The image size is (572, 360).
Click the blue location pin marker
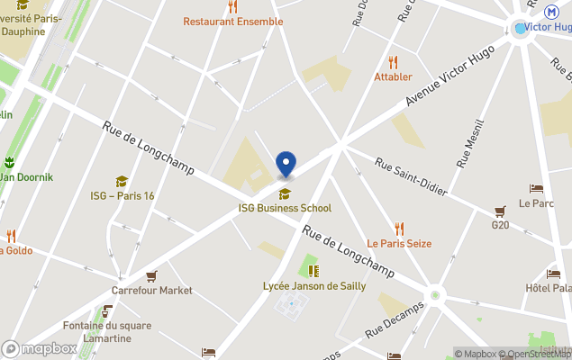coord(286,165)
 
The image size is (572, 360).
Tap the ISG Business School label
coord(285,208)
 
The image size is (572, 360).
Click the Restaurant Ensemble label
coord(233,22)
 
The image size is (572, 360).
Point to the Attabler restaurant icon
coord(393,62)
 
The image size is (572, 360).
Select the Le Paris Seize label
coord(399,243)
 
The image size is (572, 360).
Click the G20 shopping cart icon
coord(501,211)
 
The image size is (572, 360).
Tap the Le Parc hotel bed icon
coord(537,189)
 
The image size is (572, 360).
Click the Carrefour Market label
coord(151,291)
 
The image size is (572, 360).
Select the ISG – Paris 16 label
coord(123,195)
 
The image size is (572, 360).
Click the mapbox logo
coord(40,348)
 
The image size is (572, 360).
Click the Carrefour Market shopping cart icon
coord(151,276)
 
